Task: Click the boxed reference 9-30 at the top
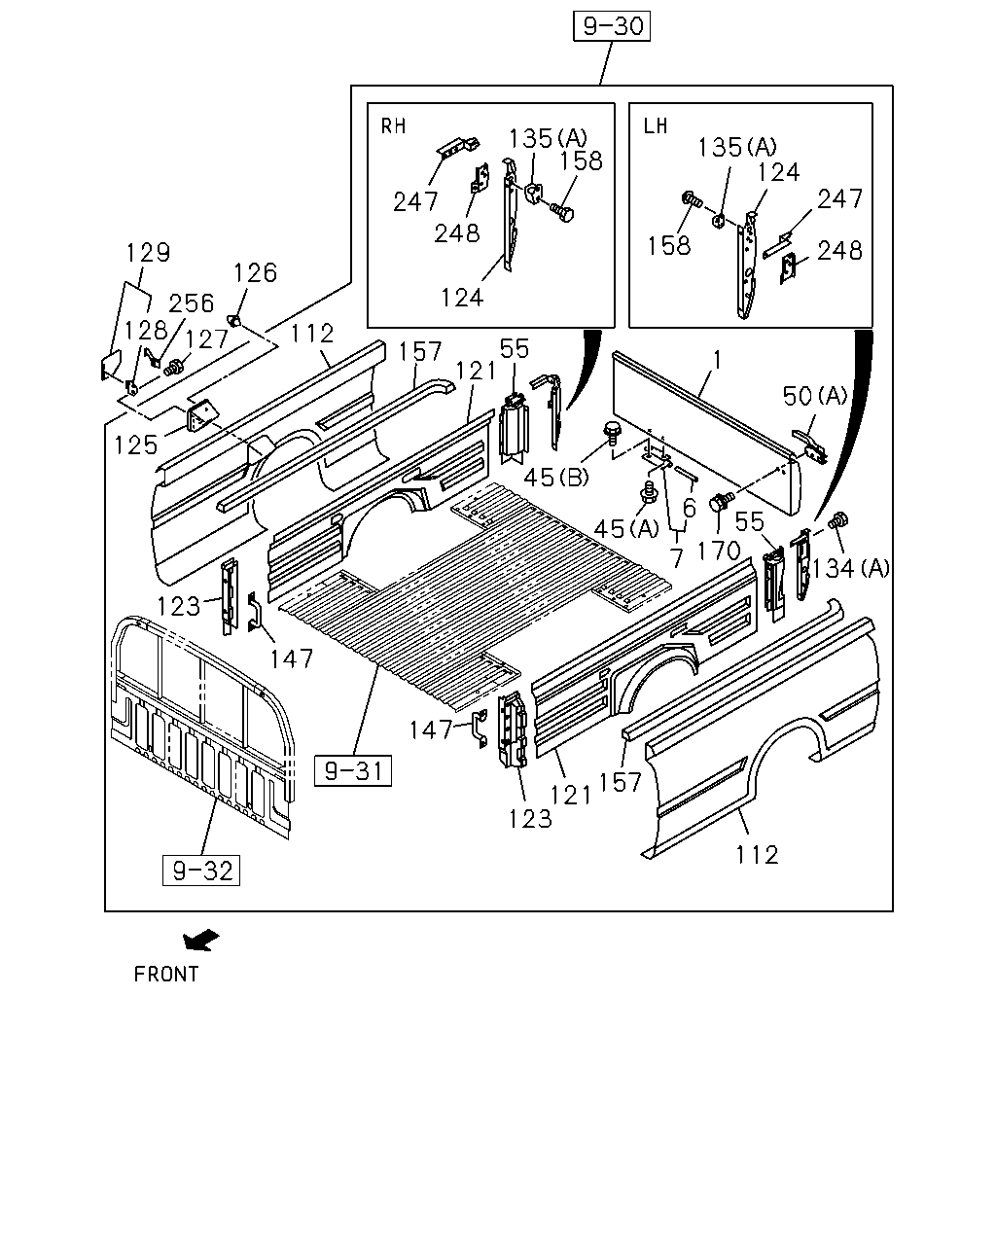(612, 26)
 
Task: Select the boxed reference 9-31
(352, 770)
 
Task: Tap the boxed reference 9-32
(201, 871)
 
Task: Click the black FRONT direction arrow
(200, 941)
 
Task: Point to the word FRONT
(166, 975)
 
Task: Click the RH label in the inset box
(393, 126)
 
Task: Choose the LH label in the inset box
(656, 126)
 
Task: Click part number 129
(148, 253)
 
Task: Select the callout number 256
(191, 303)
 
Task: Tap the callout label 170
(719, 551)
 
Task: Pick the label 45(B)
(555, 478)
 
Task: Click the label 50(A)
(815, 396)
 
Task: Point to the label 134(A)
(850, 569)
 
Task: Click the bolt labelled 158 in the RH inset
(561, 212)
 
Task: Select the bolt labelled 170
(721, 501)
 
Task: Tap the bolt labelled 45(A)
(649, 492)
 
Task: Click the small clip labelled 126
(233, 319)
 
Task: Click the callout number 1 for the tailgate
(717, 361)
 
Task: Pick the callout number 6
(689, 508)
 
